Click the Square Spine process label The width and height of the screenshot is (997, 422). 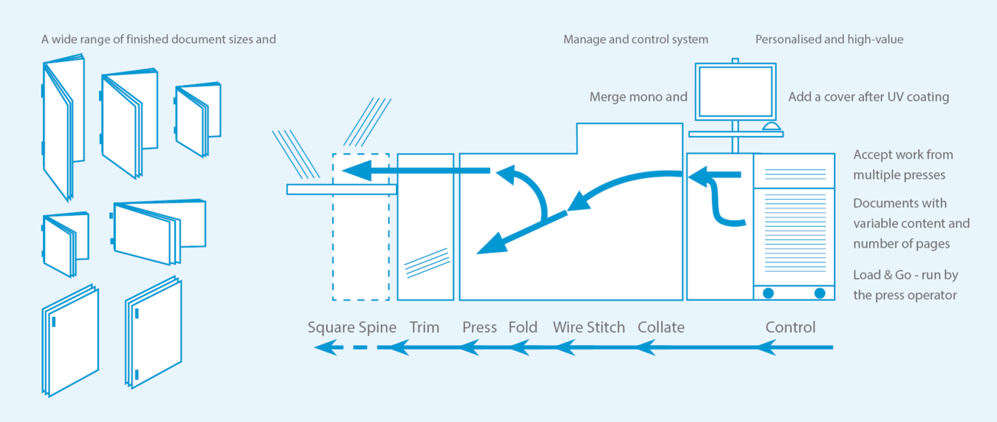352,327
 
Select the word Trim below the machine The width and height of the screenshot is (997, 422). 424,327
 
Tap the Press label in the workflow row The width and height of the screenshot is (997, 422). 479,327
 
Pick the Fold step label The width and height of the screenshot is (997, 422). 523,327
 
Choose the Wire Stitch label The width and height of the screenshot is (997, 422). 589,327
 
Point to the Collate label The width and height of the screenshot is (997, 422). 661,327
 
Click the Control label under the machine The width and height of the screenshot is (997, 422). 790,327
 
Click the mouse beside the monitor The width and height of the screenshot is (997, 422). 770,128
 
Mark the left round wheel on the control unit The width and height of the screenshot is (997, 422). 768,293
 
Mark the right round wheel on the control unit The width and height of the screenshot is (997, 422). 820,293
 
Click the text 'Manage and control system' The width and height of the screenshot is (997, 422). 636,39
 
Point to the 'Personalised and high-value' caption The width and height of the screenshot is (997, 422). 829,39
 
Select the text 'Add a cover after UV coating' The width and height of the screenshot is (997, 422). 868,97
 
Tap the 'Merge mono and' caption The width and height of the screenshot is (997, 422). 638,97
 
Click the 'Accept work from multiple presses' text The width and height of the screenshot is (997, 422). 903,165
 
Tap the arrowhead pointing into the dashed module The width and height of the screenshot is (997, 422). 352,171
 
